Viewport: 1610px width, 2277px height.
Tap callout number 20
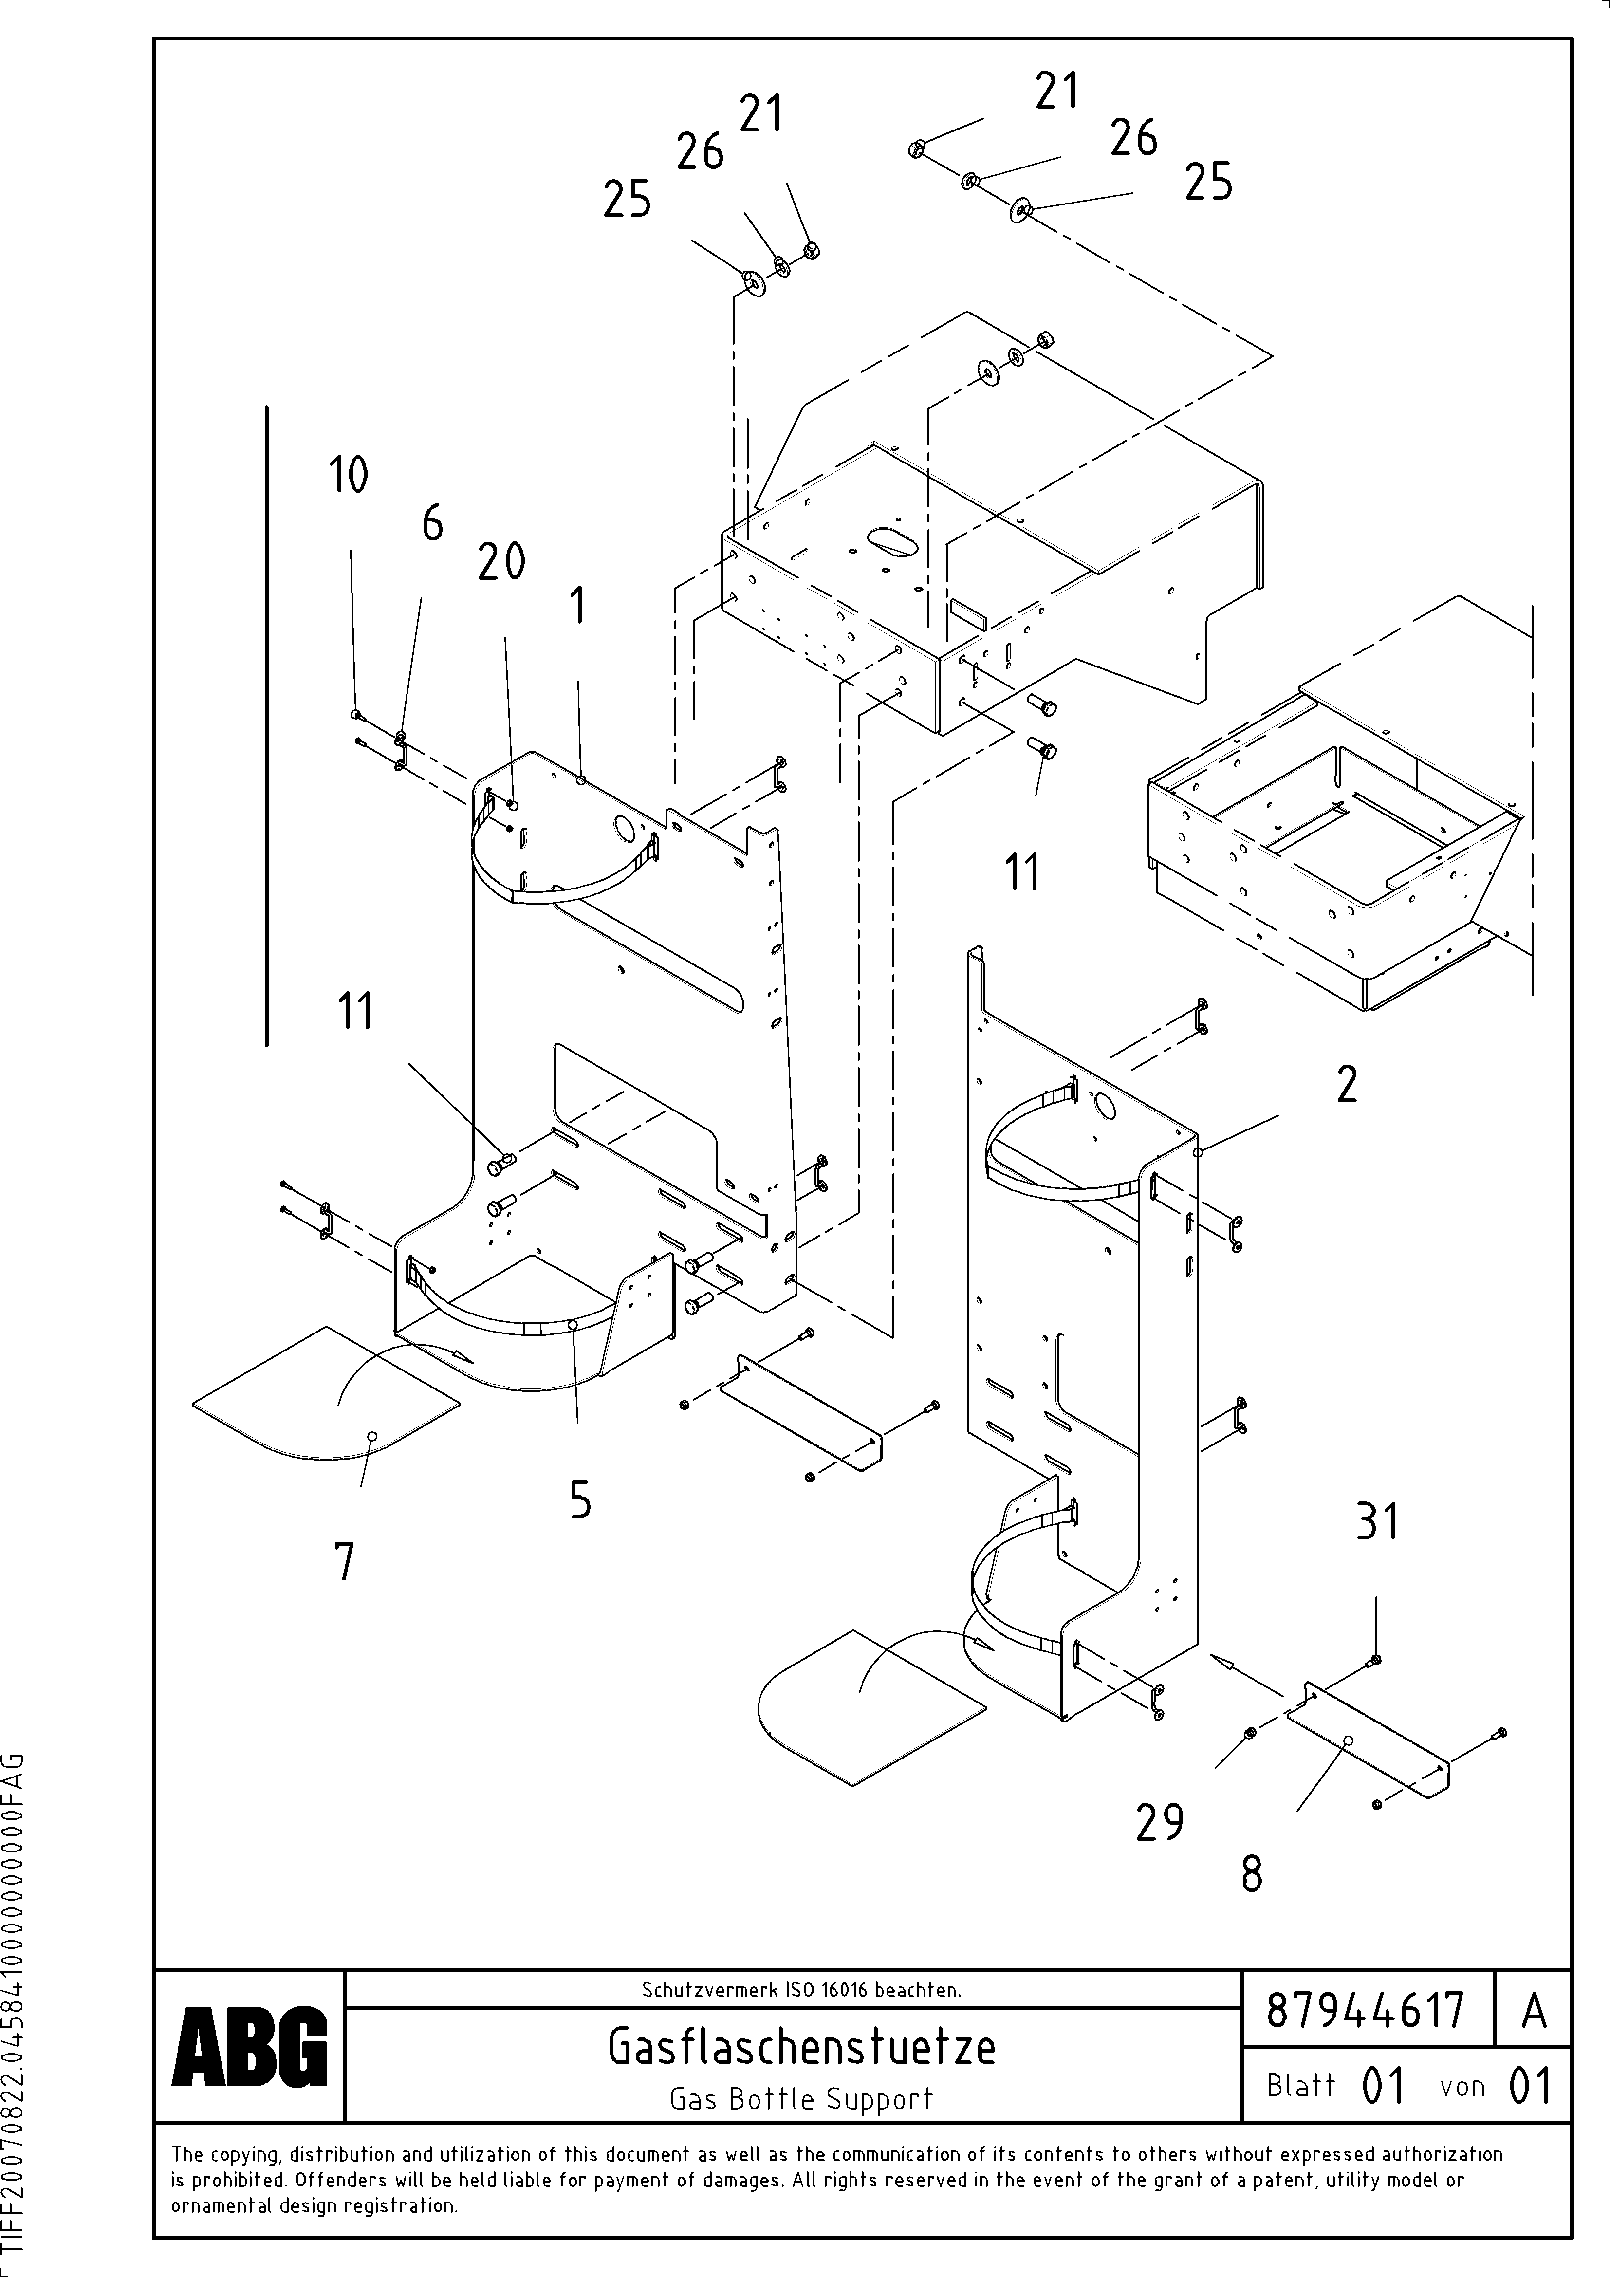click(x=501, y=562)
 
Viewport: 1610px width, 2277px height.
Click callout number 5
click(x=580, y=1499)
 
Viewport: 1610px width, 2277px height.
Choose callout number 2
click(x=1346, y=1085)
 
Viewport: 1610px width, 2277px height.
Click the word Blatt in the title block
click(x=1300, y=2086)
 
